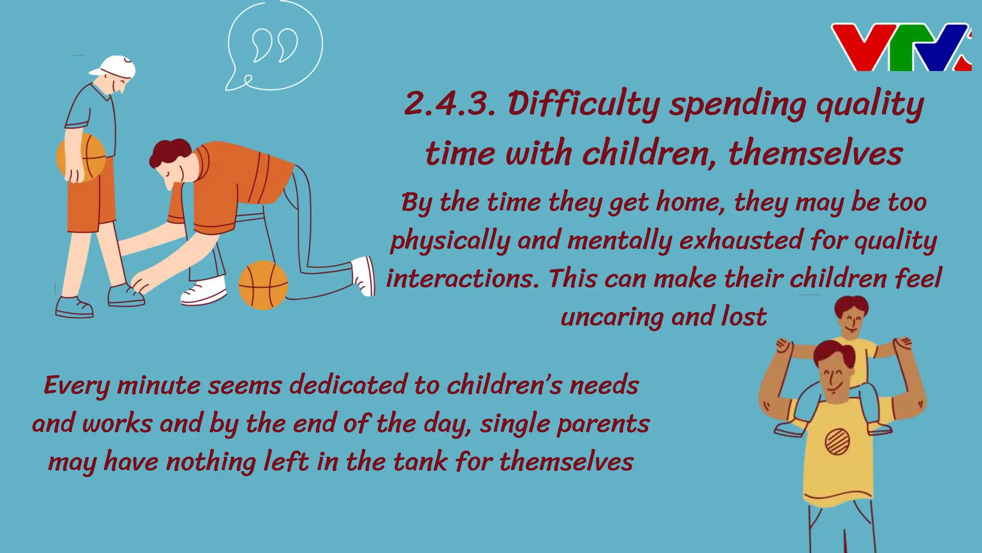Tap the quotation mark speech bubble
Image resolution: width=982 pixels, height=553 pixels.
(x=274, y=46)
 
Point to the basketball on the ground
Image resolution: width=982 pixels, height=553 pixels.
(x=263, y=285)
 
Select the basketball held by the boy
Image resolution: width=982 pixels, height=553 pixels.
(x=82, y=156)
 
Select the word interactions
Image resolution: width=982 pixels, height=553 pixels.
(x=463, y=279)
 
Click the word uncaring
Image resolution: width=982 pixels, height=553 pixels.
(x=612, y=317)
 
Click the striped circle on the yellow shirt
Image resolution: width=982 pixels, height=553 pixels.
(x=837, y=441)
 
